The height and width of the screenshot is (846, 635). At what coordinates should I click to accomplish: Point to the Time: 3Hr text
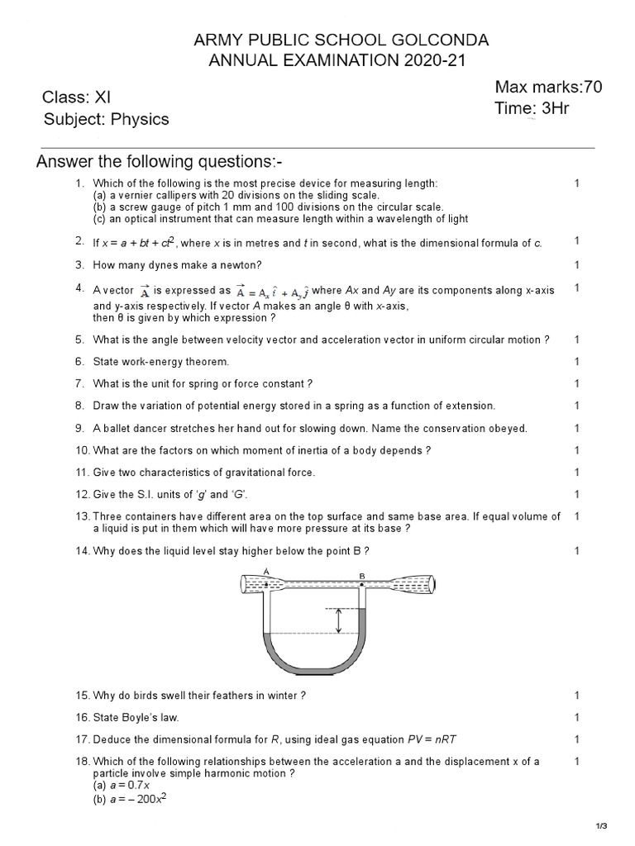tap(532, 108)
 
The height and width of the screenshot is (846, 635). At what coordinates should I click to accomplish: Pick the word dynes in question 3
tap(160, 265)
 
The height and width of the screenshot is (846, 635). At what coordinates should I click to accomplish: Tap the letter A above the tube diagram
tap(266, 571)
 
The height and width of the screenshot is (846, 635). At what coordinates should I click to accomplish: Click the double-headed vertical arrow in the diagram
tap(338, 621)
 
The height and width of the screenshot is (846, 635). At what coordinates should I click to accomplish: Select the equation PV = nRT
tap(436, 739)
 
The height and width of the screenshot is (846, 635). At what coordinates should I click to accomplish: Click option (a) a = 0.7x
tap(122, 786)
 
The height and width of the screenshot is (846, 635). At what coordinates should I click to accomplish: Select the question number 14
tap(81, 550)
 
